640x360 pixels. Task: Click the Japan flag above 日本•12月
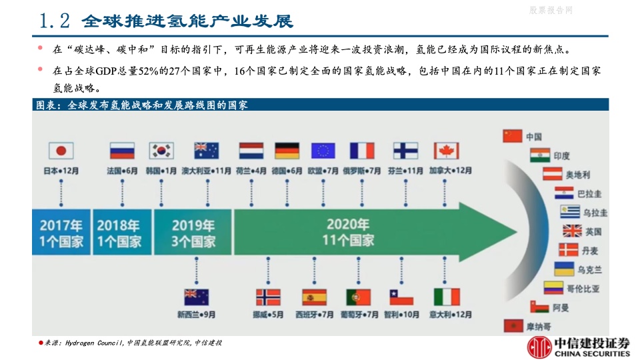61,151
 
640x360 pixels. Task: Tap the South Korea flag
161,151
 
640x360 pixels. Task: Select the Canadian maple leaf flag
447,151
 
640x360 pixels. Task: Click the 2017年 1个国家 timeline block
61,232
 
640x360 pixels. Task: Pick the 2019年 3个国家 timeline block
193,232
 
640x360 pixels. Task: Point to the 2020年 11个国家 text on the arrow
348,232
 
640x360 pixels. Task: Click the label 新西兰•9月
196,315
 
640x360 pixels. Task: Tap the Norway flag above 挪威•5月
268,297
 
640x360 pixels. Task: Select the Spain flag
314,297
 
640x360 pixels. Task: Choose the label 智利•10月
401,315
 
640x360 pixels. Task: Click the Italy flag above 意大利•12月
447,297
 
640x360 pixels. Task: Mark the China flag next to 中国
513,136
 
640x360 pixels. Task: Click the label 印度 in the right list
561,155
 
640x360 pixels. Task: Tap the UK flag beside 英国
572,231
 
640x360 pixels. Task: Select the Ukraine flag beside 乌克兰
565,269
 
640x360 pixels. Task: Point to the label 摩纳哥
539,327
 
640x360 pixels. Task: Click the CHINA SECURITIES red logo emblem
539,347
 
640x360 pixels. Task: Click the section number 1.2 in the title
54,21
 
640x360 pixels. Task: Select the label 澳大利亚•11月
207,171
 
